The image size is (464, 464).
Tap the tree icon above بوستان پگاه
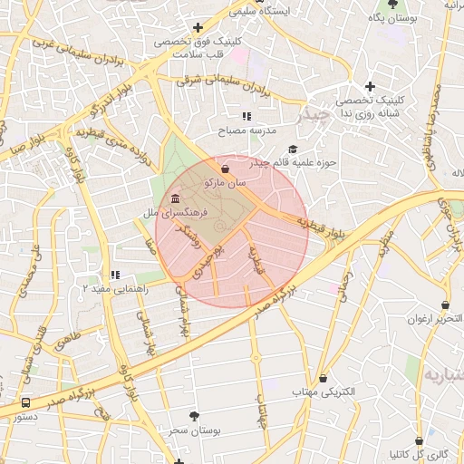pos(391,4)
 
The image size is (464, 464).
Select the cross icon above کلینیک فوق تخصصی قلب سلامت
pos(198,27)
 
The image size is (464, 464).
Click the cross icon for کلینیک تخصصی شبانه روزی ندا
pos(370,86)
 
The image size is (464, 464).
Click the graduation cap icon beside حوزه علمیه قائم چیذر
pos(292,150)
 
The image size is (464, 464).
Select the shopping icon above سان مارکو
pos(225,169)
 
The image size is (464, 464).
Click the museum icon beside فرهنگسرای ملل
pos(174,199)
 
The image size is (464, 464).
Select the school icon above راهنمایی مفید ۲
pos(114,275)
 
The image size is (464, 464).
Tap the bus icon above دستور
pos(24,401)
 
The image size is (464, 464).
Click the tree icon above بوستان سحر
pos(193,415)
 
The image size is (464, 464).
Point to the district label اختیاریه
pos(444,374)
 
